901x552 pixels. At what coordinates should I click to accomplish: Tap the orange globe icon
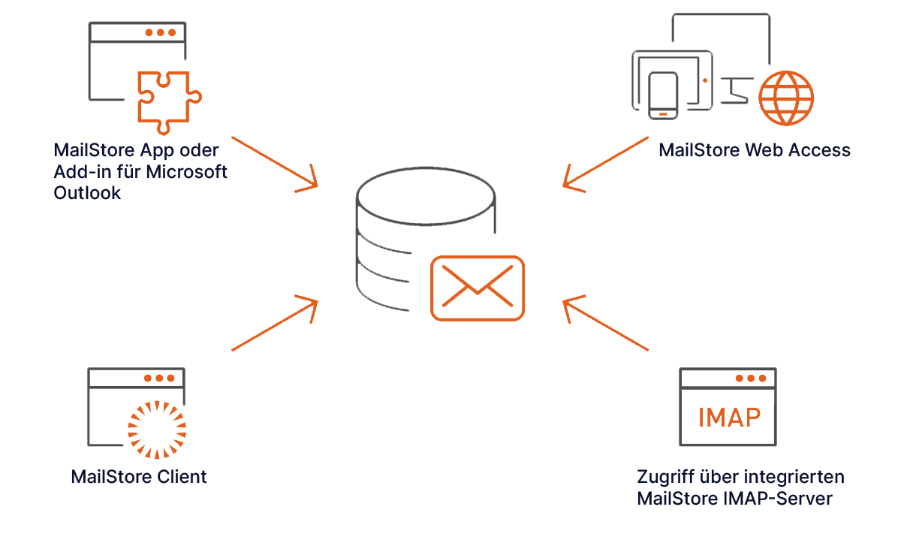click(785, 98)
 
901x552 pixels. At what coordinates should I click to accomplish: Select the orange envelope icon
click(478, 288)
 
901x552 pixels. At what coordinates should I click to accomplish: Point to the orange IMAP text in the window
click(728, 417)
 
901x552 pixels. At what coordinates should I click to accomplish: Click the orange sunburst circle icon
click(157, 429)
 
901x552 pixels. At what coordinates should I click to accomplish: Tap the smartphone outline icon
click(662, 95)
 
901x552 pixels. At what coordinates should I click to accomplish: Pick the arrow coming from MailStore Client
click(275, 324)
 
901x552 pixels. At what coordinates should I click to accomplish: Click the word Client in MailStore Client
click(182, 477)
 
